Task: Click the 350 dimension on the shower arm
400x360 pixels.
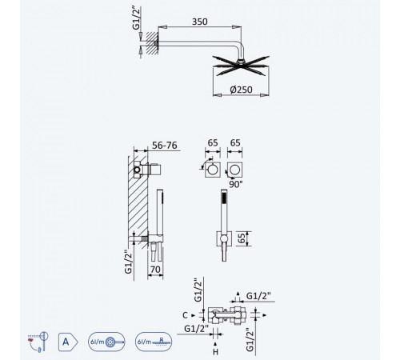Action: (x=200, y=22)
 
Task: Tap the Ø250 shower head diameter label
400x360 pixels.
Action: (x=241, y=90)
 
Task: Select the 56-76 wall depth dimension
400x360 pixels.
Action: (x=165, y=146)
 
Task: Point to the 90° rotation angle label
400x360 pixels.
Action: (x=236, y=184)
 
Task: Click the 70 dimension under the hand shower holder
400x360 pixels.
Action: (x=155, y=270)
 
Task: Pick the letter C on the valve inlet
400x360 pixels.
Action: (x=185, y=315)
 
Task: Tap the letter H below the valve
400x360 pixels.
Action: (x=215, y=352)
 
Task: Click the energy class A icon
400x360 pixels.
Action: (x=68, y=342)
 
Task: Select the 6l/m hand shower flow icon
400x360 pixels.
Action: (x=106, y=342)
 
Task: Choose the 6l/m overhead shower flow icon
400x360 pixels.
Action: (x=154, y=342)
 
